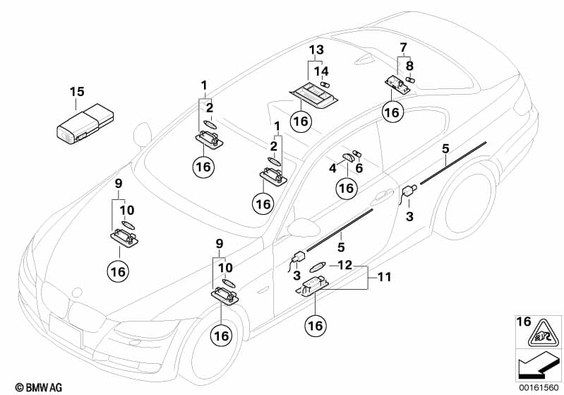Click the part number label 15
[77, 91]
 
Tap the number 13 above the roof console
[316, 49]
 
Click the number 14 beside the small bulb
[321, 71]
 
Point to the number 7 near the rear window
[403, 47]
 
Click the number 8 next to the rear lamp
[409, 66]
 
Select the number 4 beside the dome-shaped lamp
[332, 167]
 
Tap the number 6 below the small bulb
[359, 167]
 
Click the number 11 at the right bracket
[384, 277]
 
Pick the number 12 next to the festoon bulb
[345, 266]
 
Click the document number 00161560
[539, 388]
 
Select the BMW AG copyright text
[39, 387]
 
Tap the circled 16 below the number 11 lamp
[316, 326]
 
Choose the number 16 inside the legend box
[524, 322]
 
